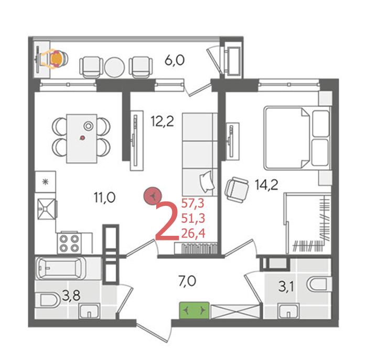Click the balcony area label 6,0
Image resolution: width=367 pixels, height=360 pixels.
pos(175,60)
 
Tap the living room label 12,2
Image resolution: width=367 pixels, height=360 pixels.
pos(162,122)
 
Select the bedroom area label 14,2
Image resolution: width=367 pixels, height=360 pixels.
pos(266,185)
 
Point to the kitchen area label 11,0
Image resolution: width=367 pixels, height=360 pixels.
pos(105,198)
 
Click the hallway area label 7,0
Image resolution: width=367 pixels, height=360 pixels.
pos(187,281)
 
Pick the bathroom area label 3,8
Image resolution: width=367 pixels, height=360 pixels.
pos(71,296)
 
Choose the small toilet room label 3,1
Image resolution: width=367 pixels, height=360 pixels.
pos(286,287)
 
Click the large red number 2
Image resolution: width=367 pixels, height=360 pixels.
pos(167,221)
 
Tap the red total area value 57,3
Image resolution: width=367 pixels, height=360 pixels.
pos(193,203)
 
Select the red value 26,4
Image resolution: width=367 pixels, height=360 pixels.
pos(193,234)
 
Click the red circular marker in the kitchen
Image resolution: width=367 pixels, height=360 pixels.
pos(153,195)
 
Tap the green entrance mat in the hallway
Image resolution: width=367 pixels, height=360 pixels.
pos(195,310)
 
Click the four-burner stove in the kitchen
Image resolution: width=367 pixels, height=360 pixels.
pos(69,243)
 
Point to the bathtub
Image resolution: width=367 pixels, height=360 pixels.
pos(61,268)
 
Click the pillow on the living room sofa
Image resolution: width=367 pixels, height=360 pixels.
pos(207,181)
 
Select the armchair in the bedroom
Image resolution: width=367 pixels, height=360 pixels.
pos(236,190)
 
